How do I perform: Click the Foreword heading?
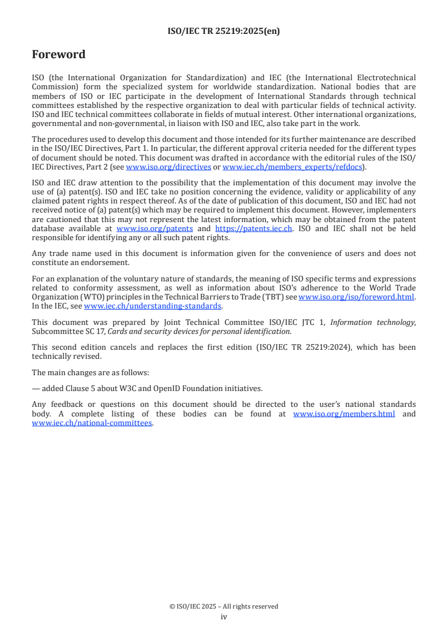coord(59,55)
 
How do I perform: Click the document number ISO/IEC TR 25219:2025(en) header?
coord(224,32)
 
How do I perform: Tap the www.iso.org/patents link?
coord(154,228)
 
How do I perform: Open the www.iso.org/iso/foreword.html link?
coord(356,297)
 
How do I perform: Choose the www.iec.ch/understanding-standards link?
coord(153,306)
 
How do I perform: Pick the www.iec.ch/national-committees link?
coord(92,423)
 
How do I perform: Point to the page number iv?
coord(224,616)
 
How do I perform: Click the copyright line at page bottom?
coord(224,606)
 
